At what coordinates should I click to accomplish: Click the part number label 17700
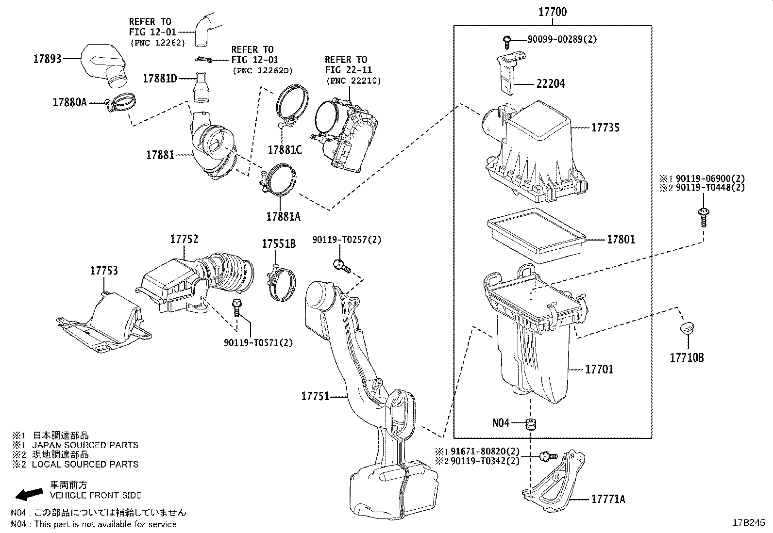tap(552, 12)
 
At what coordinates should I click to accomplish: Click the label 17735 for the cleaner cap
tap(605, 128)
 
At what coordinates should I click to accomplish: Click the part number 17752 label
tap(184, 239)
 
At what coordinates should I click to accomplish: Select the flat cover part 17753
tap(102, 323)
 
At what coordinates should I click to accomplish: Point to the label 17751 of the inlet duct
tap(315, 396)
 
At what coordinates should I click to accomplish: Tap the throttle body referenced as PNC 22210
tap(346, 131)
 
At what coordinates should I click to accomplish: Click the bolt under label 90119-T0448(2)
tap(702, 216)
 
